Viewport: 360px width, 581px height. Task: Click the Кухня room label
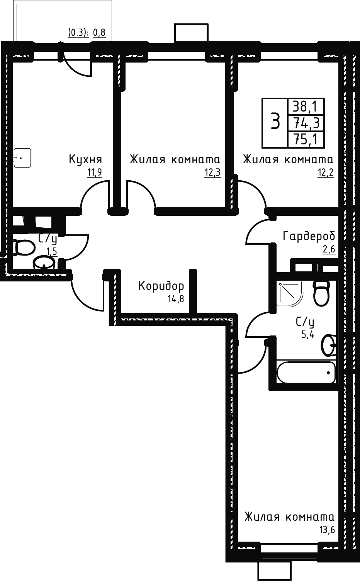point(85,159)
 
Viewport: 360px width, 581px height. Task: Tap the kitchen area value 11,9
point(95,172)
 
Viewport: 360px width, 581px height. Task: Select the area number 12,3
point(212,172)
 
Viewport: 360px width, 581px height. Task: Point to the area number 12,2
point(326,172)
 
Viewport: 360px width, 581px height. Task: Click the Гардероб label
point(309,236)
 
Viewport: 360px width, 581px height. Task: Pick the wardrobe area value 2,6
point(329,249)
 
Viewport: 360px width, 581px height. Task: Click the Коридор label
point(161,286)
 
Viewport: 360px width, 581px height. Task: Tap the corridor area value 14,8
point(176,299)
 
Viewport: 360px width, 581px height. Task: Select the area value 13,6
point(327,529)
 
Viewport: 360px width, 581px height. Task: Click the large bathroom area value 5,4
point(308,335)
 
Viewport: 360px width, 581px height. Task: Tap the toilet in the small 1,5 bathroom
point(23,247)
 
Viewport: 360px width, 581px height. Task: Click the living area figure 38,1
point(306,106)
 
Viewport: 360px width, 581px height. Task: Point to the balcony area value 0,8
point(99,33)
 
